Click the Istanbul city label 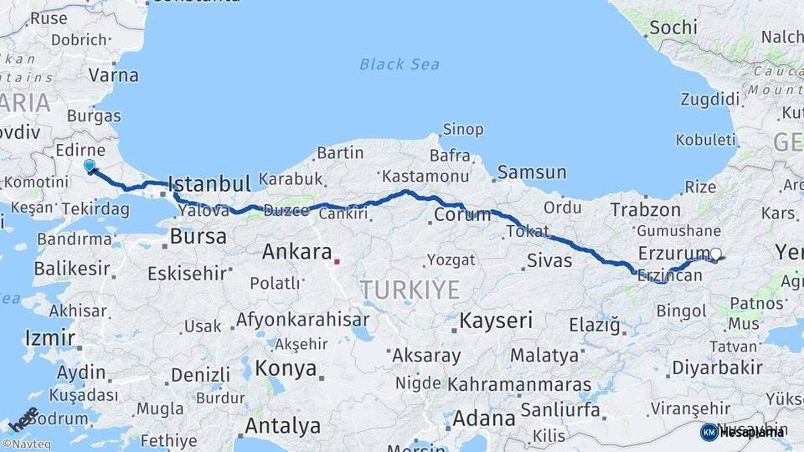click(209, 183)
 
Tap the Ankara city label click(296, 250)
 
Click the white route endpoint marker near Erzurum click(715, 253)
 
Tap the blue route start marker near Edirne click(89, 166)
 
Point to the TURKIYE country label click(410, 290)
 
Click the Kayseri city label click(496, 320)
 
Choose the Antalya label click(281, 425)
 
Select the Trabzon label click(645, 209)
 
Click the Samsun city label click(531, 172)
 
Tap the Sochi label click(673, 27)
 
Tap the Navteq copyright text click(28, 444)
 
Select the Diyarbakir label click(717, 367)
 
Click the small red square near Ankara click(337, 261)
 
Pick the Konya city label click(286, 368)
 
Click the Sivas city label click(549, 260)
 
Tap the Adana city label click(485, 417)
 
